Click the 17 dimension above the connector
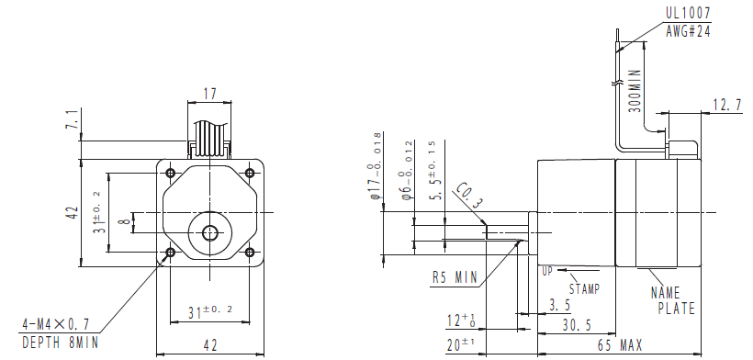click(x=210, y=93)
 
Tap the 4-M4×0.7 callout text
click(x=55, y=324)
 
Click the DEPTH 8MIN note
click(x=61, y=343)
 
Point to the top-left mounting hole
click(x=170, y=173)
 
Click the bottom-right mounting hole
click(x=249, y=253)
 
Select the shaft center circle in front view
click(x=209, y=233)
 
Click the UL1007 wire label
click(x=688, y=13)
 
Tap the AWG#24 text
click(x=688, y=31)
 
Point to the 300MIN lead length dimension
click(x=635, y=91)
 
